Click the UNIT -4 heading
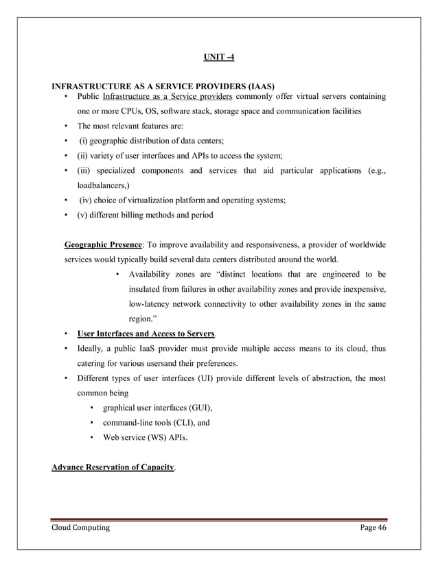click(218, 56)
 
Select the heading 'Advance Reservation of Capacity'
click(113, 468)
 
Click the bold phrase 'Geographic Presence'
click(103, 245)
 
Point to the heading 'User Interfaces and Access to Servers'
click(146, 334)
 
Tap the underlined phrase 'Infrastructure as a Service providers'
click(168, 96)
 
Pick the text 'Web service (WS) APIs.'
click(146, 437)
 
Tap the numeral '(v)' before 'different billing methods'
click(84, 215)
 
